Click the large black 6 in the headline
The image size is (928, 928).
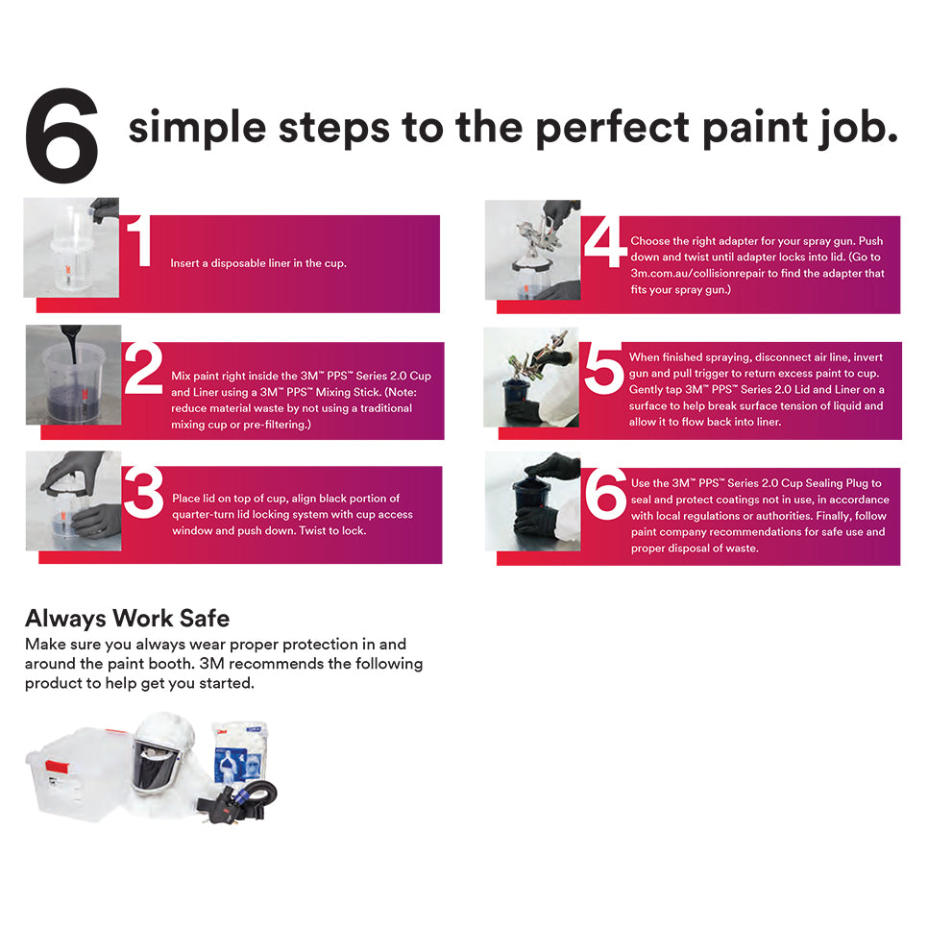click(61, 137)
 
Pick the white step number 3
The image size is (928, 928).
click(143, 493)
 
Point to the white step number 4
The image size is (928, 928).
click(604, 243)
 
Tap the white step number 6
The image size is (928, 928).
click(605, 495)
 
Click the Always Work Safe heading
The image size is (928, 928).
click(127, 618)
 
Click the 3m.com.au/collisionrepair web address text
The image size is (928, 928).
click(707, 274)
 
